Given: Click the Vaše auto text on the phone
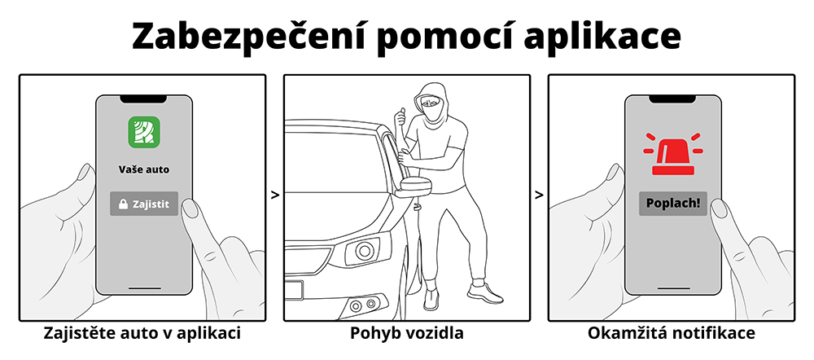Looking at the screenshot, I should point(143,170).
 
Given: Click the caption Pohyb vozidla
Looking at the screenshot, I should point(406,334).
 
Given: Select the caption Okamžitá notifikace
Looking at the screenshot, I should point(671,334).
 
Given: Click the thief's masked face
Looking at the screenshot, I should point(431,104).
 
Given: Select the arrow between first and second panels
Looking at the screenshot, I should point(274,195).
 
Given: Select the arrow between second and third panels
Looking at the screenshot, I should point(539,195).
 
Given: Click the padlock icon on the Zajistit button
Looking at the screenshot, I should point(123,204).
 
